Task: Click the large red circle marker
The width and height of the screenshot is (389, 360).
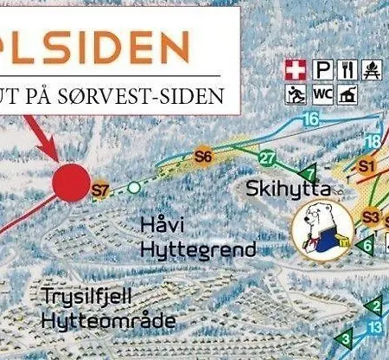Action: [x=72, y=182]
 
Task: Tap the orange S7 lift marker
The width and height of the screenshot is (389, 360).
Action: [x=101, y=190]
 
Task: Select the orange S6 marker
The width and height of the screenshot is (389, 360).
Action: [x=203, y=157]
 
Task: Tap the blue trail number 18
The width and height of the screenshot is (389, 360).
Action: [x=373, y=141]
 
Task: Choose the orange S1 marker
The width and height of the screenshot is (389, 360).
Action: [x=367, y=164]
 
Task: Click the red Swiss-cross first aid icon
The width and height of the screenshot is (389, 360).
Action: [x=297, y=70]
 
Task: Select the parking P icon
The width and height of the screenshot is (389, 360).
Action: [x=323, y=70]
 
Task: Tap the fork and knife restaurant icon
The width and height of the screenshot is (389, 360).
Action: [x=349, y=70]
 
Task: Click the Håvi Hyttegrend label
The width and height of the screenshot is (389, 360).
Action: [x=199, y=238]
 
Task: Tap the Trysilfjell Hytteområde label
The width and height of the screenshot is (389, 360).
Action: [x=107, y=309]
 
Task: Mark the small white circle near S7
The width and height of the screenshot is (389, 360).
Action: [x=133, y=186]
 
